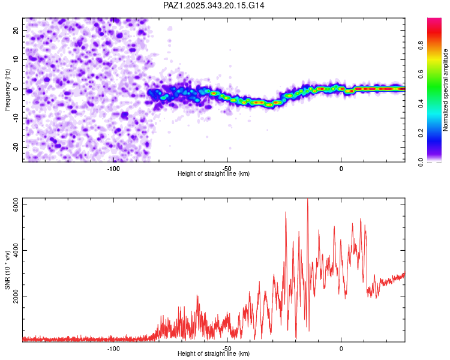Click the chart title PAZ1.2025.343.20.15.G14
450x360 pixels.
click(x=214, y=5)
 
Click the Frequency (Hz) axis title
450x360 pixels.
click(x=7, y=89)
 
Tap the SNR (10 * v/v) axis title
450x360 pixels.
click(x=7, y=269)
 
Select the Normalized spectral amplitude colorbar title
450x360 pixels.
click(x=446, y=90)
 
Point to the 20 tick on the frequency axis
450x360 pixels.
click(x=16, y=30)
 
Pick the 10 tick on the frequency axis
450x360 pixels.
click(x=16, y=59)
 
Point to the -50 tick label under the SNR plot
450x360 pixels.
click(x=227, y=348)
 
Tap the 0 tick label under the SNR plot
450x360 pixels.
click(x=341, y=348)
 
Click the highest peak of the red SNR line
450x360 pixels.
click(x=308, y=200)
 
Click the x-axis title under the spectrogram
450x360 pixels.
click(x=214, y=174)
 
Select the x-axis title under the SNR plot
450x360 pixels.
click(x=214, y=354)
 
